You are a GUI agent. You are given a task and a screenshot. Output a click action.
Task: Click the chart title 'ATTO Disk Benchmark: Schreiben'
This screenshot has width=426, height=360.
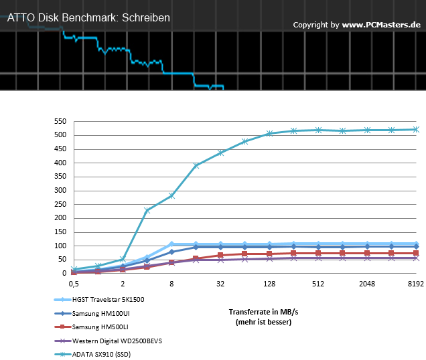pos(88,18)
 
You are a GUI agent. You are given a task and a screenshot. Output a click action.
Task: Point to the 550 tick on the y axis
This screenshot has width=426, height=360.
pos(60,121)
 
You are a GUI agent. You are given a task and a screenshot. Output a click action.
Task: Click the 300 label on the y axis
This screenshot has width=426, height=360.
pos(60,190)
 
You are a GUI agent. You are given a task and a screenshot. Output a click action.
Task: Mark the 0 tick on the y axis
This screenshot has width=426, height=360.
pos(64,273)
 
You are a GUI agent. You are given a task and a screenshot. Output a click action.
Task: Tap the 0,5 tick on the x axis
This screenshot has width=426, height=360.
pos(74,284)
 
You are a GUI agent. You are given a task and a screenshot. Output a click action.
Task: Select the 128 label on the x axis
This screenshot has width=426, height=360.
pos(269,284)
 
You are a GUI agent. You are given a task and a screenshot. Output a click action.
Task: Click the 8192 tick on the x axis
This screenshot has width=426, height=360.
pos(416,284)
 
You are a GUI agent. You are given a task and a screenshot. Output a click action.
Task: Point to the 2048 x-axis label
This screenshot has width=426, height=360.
pos(367,284)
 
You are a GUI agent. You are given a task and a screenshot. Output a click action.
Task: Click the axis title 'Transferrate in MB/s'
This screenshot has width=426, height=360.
pos(263,312)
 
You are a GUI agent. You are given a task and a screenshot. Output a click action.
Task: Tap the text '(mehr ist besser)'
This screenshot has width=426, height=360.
pos(263,322)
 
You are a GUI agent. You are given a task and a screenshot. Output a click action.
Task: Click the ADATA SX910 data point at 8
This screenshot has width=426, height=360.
pos(171,195)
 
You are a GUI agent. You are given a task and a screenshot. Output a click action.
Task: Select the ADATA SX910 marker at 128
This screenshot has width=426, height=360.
pos(269,133)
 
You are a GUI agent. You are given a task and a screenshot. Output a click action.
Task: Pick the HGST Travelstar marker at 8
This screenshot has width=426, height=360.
pos(171,244)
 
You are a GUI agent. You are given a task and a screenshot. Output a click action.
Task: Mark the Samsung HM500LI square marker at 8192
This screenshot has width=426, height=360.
pos(416,253)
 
